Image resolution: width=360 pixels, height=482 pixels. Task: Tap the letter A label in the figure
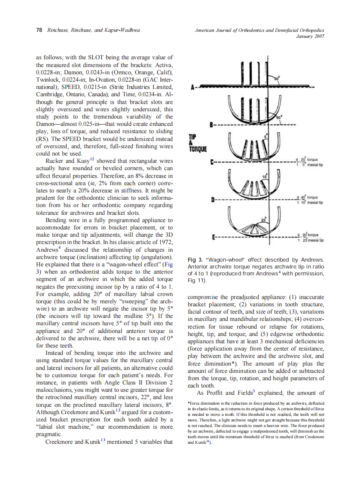coord(194,87)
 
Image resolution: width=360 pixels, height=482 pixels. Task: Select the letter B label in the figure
coord(211,125)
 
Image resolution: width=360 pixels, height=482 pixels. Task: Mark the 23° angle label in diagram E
coord(264,220)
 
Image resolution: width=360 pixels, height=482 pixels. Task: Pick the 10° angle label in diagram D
coord(265,176)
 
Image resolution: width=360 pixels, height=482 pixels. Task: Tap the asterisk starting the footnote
coord(189,403)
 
